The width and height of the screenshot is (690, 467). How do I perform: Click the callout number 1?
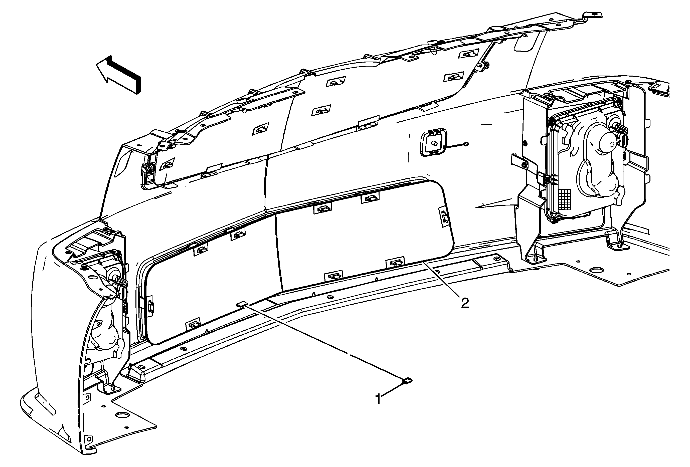tap(378, 399)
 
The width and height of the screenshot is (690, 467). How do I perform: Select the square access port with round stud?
tap(433, 143)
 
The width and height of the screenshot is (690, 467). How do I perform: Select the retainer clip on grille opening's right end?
tap(444, 217)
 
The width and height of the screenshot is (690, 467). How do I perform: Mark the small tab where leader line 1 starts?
tap(242, 304)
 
